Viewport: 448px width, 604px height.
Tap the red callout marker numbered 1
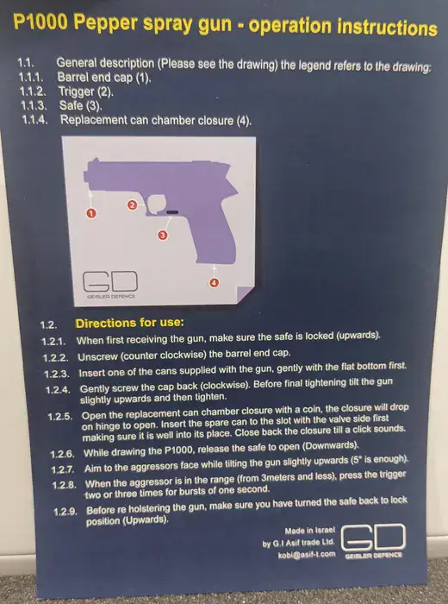pyautogui.click(x=91, y=213)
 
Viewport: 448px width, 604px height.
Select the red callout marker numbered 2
pyautogui.click(x=132, y=205)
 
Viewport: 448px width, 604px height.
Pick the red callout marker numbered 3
pyautogui.click(x=163, y=235)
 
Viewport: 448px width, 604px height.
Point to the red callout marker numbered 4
pyautogui.click(x=214, y=283)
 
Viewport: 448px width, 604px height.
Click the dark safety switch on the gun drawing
pyautogui.click(x=172, y=212)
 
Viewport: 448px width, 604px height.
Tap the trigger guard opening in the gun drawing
pyautogui.click(x=157, y=204)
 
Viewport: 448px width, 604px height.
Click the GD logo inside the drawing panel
pyautogui.click(x=110, y=281)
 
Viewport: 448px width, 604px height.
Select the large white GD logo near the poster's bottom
pyautogui.click(x=373, y=538)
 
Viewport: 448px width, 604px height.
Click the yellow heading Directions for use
pyautogui.click(x=129, y=323)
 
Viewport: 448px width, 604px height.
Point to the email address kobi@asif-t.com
pyautogui.click(x=306, y=555)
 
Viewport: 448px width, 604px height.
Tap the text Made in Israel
pyautogui.click(x=309, y=531)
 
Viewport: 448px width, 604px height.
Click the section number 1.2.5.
pyautogui.click(x=60, y=417)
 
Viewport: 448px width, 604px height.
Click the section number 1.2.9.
pyautogui.click(x=65, y=512)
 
